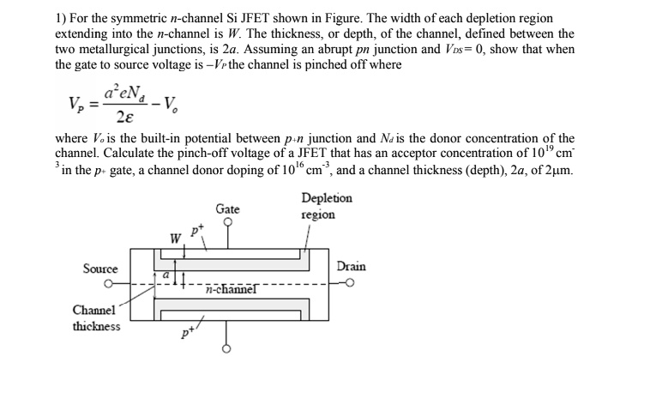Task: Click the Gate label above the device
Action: pyautogui.click(x=227, y=209)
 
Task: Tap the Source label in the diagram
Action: pyautogui.click(x=100, y=269)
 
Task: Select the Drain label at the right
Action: pyautogui.click(x=352, y=267)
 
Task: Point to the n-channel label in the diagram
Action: pyautogui.click(x=232, y=290)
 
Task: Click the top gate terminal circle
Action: pyautogui.click(x=227, y=222)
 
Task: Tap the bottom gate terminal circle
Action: pyautogui.click(x=227, y=350)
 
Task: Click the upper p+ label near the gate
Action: pyautogui.click(x=196, y=230)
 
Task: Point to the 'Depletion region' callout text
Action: pyautogui.click(x=327, y=206)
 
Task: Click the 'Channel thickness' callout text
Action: pyautogui.click(x=96, y=317)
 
